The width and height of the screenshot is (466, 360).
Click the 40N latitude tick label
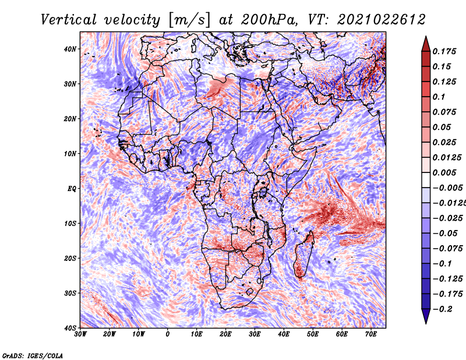coord(70,49)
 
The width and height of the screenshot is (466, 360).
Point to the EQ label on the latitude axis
coord(72,189)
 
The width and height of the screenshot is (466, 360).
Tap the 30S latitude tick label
coord(70,293)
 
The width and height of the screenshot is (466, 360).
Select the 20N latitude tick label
coord(70,119)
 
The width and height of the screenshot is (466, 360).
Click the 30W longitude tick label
coord(80,334)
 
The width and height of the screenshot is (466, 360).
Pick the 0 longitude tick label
coord(168,334)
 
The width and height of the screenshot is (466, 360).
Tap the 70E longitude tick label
coord(371,334)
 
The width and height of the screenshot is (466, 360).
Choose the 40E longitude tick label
coord(284,334)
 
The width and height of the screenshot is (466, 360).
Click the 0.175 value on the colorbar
coord(444,52)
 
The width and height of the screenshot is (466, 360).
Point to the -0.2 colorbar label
coord(443,309)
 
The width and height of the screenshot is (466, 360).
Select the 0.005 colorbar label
coord(444,172)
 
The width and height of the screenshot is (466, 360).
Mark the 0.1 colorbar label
coord(439,97)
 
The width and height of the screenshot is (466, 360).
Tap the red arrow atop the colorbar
coord(426,44)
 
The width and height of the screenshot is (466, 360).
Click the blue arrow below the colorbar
coord(426,316)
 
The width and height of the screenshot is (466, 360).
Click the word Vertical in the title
coord(69,20)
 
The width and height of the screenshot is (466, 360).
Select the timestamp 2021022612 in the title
coord(382,20)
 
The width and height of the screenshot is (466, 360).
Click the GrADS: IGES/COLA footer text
coord(33,355)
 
